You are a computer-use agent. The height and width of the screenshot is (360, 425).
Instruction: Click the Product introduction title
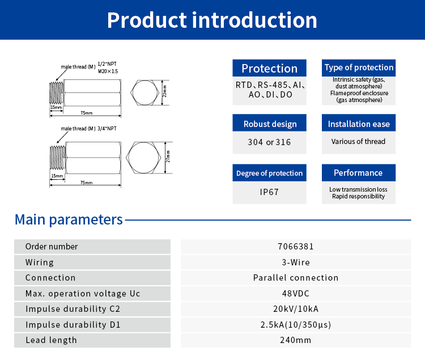[212, 20]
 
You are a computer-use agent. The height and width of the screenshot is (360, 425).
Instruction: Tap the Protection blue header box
[269, 68]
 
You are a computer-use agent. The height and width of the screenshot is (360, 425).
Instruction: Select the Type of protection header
[359, 67]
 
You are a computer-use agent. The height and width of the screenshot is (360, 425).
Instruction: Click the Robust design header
[269, 124]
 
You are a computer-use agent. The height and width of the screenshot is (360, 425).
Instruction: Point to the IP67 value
[269, 192]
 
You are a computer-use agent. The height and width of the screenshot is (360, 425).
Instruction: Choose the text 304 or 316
[269, 142]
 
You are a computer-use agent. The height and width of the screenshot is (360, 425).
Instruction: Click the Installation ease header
[359, 124]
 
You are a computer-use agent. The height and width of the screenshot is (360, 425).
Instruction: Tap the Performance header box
[359, 173]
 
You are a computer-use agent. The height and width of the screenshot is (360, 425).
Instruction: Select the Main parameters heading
[69, 219]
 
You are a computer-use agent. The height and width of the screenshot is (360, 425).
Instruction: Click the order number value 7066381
[296, 247]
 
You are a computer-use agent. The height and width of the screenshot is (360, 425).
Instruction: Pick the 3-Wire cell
[296, 262]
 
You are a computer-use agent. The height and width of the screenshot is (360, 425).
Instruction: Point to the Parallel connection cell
[296, 278]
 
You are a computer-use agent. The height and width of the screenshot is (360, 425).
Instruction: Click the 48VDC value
[296, 294]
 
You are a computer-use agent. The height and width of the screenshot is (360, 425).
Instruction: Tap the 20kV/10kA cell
[296, 309]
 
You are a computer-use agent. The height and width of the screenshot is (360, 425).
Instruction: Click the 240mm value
[296, 340]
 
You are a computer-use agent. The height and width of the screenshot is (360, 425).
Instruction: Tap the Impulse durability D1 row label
[73, 325]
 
